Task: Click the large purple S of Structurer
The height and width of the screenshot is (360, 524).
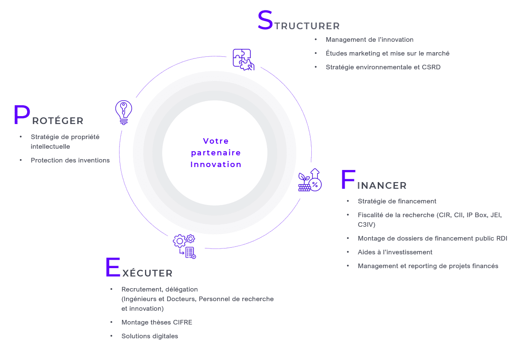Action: [265, 20]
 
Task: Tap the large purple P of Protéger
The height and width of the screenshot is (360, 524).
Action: [22, 115]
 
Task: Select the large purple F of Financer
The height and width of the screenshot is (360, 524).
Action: [348, 179]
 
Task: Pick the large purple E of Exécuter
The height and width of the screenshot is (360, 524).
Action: [113, 267]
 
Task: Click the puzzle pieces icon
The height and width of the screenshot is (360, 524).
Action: [244, 60]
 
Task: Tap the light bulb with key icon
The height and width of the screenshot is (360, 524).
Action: [124, 112]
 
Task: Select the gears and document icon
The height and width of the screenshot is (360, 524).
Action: [184, 246]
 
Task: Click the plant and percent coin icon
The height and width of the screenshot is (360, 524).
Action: [310, 180]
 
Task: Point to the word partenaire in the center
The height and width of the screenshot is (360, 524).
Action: [216, 153]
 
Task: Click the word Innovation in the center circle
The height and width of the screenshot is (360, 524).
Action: [216, 164]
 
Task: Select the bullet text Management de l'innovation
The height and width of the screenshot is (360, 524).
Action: [369, 40]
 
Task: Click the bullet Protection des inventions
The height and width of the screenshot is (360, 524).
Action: [70, 160]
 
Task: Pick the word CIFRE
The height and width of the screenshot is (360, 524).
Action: [183, 322]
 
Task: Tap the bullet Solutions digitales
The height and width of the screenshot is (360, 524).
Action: [150, 336]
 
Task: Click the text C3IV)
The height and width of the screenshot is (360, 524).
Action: [366, 225]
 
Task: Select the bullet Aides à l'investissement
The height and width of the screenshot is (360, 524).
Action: [395, 252]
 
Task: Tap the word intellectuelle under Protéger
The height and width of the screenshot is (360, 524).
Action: [50, 147]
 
